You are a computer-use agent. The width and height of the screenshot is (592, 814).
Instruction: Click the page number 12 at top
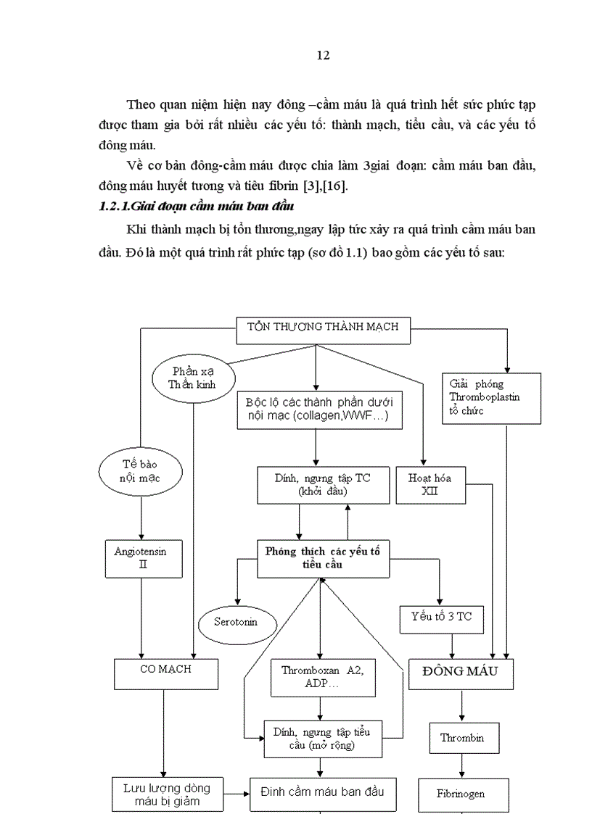coord(324,56)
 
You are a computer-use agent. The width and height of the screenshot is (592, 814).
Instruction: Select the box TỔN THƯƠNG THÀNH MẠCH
coord(324,327)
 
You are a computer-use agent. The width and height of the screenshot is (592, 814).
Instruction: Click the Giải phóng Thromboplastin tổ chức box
coord(491,397)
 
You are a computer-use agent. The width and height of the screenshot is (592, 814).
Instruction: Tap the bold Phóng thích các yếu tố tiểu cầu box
coord(318,557)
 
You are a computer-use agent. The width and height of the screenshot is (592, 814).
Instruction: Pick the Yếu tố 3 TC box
coord(442,617)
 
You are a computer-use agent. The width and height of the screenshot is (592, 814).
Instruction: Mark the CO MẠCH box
coord(166,673)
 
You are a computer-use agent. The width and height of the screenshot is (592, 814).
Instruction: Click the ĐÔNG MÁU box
coord(461,673)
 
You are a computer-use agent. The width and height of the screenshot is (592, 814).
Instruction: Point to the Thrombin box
coord(461,739)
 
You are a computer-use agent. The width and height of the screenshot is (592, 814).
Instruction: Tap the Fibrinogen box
coord(461,794)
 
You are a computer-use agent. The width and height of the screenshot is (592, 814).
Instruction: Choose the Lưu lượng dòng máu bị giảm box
coord(166,794)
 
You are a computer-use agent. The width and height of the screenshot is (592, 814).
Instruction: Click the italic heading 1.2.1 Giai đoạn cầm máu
coord(195,207)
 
